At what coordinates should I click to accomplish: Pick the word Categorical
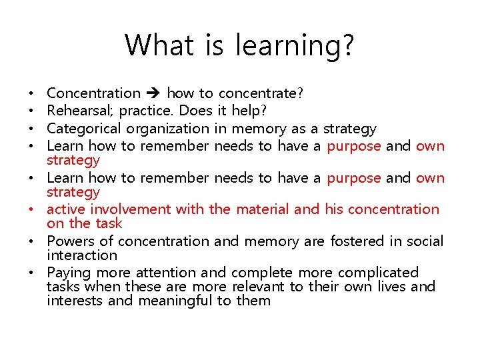pyautogui.click(x=85, y=129)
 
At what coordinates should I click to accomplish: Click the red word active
pyautogui.click(x=66, y=209)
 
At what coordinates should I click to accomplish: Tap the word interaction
pyautogui.click(x=82, y=255)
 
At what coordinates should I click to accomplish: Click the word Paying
pyautogui.click(x=69, y=273)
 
